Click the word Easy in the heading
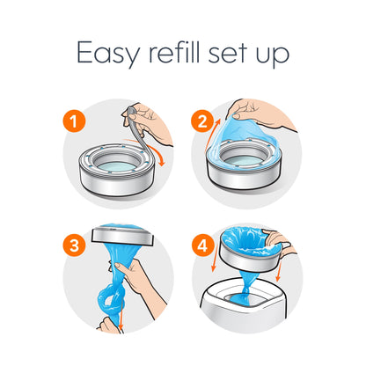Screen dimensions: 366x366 point(105,54)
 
